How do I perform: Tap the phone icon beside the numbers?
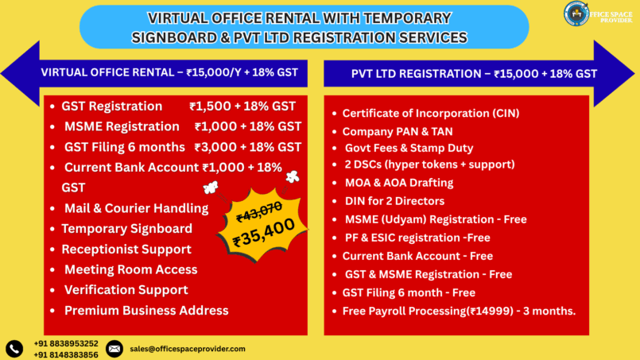[14, 348]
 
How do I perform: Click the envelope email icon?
[114, 348]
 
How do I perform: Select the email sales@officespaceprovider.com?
[187, 349]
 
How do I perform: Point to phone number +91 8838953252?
[66, 343]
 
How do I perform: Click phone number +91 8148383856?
[66, 354]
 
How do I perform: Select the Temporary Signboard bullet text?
[127, 229]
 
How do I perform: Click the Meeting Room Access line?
[130, 269]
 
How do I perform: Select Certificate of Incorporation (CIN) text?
[430, 114]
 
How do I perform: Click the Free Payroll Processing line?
[459, 310]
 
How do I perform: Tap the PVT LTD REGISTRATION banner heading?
[474, 73]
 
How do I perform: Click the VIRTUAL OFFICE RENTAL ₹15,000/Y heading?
[169, 72]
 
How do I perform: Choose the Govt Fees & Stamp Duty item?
[409, 149]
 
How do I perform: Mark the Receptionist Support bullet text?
[127, 250]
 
